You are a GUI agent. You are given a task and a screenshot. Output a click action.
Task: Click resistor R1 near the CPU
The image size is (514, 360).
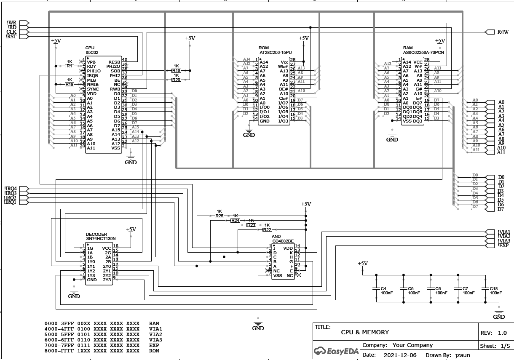pyautogui.click(x=70, y=66)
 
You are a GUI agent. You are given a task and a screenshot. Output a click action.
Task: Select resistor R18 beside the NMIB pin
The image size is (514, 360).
pyautogui.click(x=70, y=84)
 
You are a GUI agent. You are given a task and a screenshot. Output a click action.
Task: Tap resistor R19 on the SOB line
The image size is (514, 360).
pyautogui.click(x=176, y=71)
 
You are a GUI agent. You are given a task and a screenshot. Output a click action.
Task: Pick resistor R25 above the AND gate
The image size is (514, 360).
pyautogui.click(x=219, y=216)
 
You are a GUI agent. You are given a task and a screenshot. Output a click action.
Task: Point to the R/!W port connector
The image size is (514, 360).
pyautogui.click(x=490, y=32)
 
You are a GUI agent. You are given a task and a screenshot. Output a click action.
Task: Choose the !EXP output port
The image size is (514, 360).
pyautogui.click(x=490, y=245)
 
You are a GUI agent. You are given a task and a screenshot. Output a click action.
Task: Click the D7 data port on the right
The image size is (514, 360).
pyautogui.click(x=490, y=209)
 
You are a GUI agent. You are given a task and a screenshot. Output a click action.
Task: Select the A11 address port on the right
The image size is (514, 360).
pyautogui.click(x=490, y=152)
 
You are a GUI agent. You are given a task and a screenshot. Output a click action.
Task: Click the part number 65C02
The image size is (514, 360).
pyautogui.click(x=92, y=53)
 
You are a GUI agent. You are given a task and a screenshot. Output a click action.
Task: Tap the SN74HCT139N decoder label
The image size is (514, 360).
pyautogui.click(x=100, y=239)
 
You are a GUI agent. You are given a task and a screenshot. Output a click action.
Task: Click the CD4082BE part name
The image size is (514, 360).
pyautogui.click(x=283, y=241)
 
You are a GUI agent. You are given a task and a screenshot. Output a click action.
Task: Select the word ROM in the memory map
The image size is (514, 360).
pyautogui.click(x=154, y=351)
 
